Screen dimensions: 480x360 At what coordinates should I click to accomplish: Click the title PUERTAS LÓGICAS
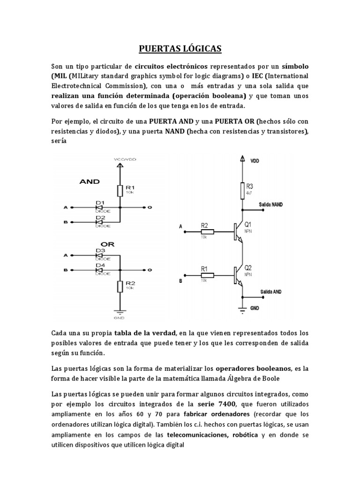click(x=180, y=48)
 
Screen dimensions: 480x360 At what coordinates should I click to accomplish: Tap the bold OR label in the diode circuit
click(x=108, y=244)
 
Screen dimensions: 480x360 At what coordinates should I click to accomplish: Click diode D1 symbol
click(x=99, y=207)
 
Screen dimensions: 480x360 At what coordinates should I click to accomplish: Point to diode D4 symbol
click(x=99, y=270)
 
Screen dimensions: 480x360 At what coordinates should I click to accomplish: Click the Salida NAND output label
click(x=270, y=205)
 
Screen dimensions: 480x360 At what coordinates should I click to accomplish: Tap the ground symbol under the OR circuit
click(x=120, y=312)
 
